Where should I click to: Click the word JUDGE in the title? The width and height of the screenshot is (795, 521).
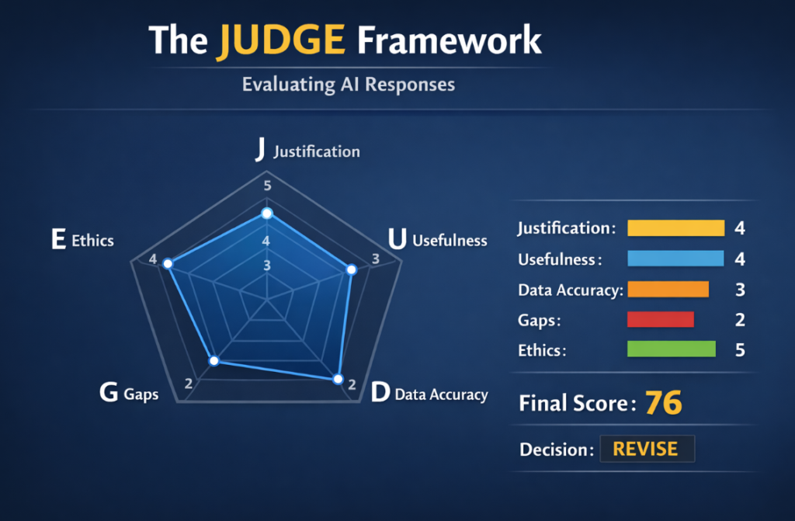(x=280, y=40)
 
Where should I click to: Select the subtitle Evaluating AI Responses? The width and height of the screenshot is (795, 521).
(x=348, y=84)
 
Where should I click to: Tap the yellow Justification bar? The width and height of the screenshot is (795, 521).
(x=675, y=228)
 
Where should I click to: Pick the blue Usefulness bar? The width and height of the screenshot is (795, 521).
(x=675, y=259)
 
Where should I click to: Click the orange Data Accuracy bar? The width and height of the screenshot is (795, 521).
(x=668, y=290)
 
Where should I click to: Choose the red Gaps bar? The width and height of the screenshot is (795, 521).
(x=660, y=319)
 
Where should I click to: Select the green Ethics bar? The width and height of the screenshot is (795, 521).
(x=671, y=349)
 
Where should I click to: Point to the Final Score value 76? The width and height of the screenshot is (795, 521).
(x=663, y=403)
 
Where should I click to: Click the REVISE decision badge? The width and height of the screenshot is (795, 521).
(x=645, y=449)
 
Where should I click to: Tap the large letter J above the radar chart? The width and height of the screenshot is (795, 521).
(x=260, y=150)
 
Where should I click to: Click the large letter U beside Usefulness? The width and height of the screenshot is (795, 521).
(x=397, y=240)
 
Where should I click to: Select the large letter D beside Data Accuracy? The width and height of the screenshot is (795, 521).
(x=380, y=393)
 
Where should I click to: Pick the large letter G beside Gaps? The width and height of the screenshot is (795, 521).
(x=109, y=393)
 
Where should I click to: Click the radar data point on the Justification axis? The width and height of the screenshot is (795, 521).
(x=267, y=213)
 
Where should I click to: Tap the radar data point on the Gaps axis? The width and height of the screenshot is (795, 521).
(x=216, y=360)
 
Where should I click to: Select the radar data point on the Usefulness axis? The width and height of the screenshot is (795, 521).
(x=351, y=269)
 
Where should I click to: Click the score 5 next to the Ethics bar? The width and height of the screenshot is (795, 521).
(x=740, y=350)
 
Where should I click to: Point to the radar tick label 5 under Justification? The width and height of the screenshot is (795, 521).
(x=267, y=186)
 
